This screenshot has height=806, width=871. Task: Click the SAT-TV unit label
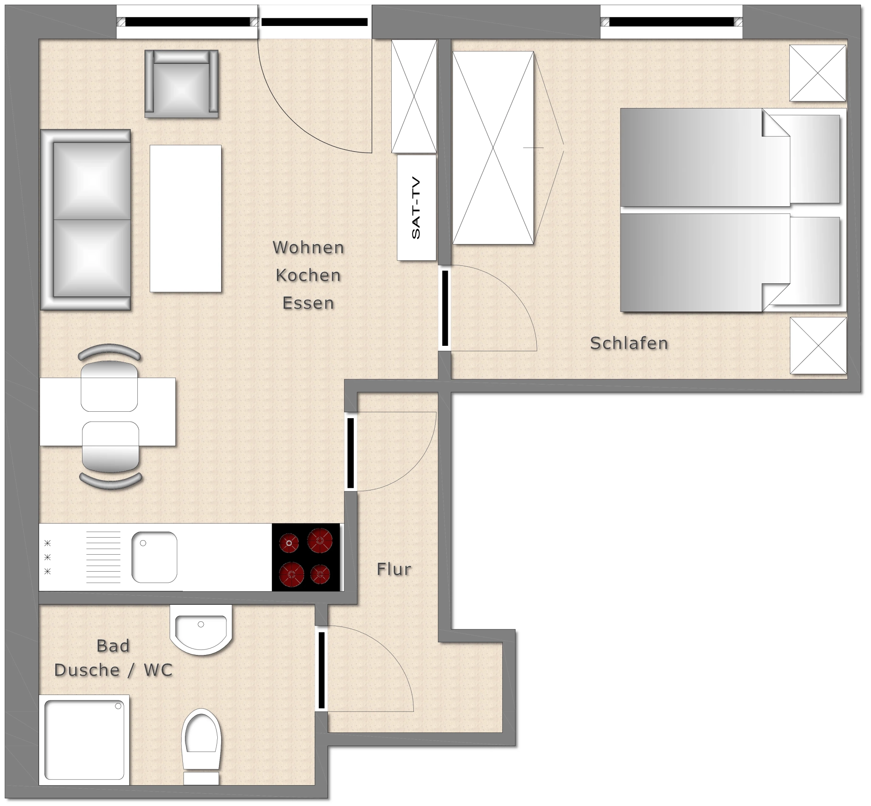click(416, 208)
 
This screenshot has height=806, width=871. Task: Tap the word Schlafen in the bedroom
click(629, 343)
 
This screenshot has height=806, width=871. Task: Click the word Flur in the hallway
click(394, 569)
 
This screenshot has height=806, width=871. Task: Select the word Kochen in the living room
click(308, 275)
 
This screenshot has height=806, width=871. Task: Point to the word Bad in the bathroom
click(113, 646)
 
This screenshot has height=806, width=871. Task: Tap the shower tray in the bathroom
click(84, 740)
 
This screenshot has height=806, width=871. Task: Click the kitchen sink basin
click(154, 557)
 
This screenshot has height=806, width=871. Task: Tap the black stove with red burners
click(306, 558)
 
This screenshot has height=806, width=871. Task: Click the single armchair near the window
click(182, 84)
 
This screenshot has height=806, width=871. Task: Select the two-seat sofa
click(85, 220)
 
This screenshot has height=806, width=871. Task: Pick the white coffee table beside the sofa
click(185, 219)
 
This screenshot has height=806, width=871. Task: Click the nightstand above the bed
click(818, 73)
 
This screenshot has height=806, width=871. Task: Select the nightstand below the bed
click(818, 345)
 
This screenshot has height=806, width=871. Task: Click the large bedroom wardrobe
click(493, 148)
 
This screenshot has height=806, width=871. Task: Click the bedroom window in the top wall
click(671, 22)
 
